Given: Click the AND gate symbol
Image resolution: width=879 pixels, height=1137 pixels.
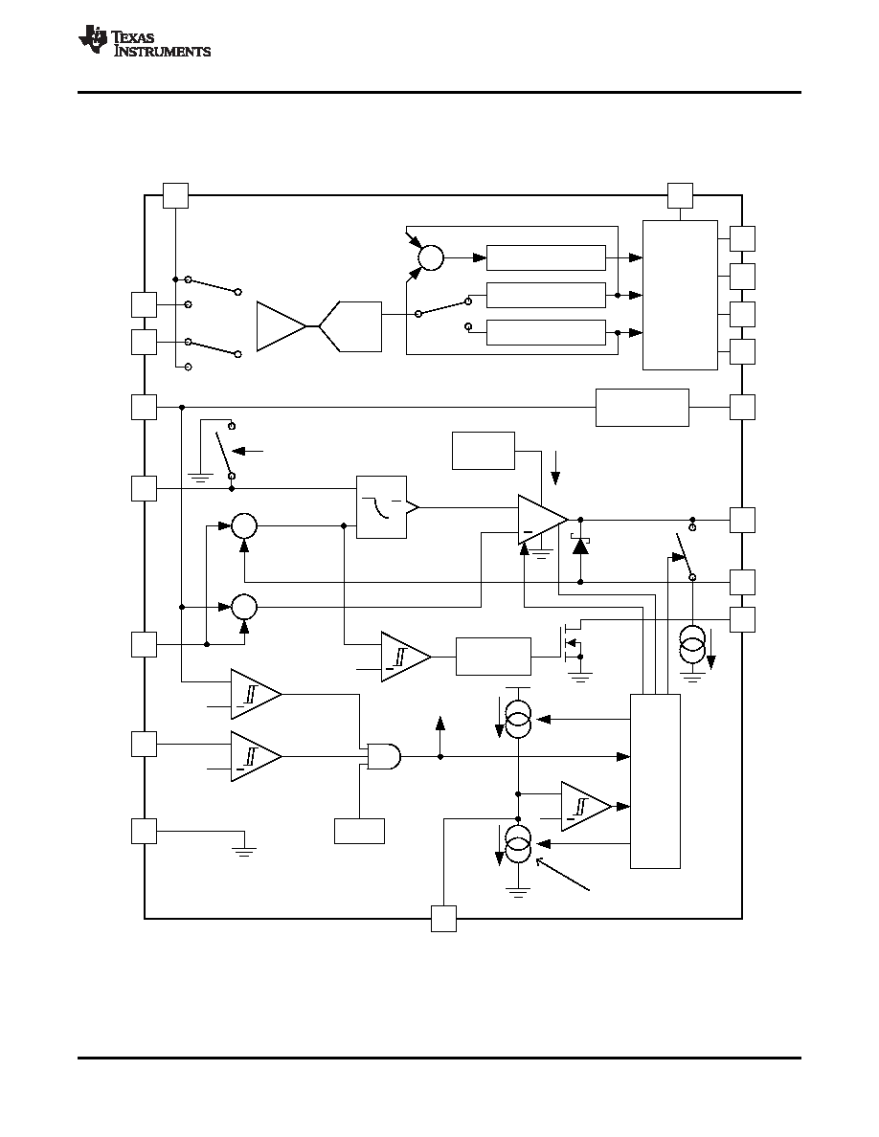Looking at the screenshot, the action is pos(384,756).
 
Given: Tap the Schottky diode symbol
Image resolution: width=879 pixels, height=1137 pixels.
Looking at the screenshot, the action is pos(580,545).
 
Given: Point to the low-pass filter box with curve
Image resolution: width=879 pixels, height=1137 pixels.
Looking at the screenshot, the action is pos(381,507).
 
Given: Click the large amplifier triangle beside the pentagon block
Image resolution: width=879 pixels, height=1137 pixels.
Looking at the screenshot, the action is pos(282,326).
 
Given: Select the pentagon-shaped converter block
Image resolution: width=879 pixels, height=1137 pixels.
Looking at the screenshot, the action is pos(350,326).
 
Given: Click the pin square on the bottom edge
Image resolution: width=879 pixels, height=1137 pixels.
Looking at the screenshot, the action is pos(444,919).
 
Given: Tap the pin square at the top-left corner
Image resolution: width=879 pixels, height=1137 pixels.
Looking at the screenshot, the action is pos(175,196).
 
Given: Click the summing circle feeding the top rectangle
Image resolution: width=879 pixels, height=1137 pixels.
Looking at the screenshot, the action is pos(431,257).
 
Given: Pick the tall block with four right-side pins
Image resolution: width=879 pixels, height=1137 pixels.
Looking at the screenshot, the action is pos(680,295).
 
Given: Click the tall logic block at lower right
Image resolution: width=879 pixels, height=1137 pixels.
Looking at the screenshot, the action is pos(656,781).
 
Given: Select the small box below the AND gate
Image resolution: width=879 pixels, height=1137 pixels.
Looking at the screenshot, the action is pos(360,831).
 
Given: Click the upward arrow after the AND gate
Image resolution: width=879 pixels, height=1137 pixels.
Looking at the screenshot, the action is pos(440,736).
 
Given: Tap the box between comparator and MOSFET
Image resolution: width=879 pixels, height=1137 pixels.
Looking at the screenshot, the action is pos(494,657).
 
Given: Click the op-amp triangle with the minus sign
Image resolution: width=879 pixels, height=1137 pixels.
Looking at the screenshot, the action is pos(543,520).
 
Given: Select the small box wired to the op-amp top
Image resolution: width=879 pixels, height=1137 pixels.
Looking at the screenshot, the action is pos(484,451).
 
